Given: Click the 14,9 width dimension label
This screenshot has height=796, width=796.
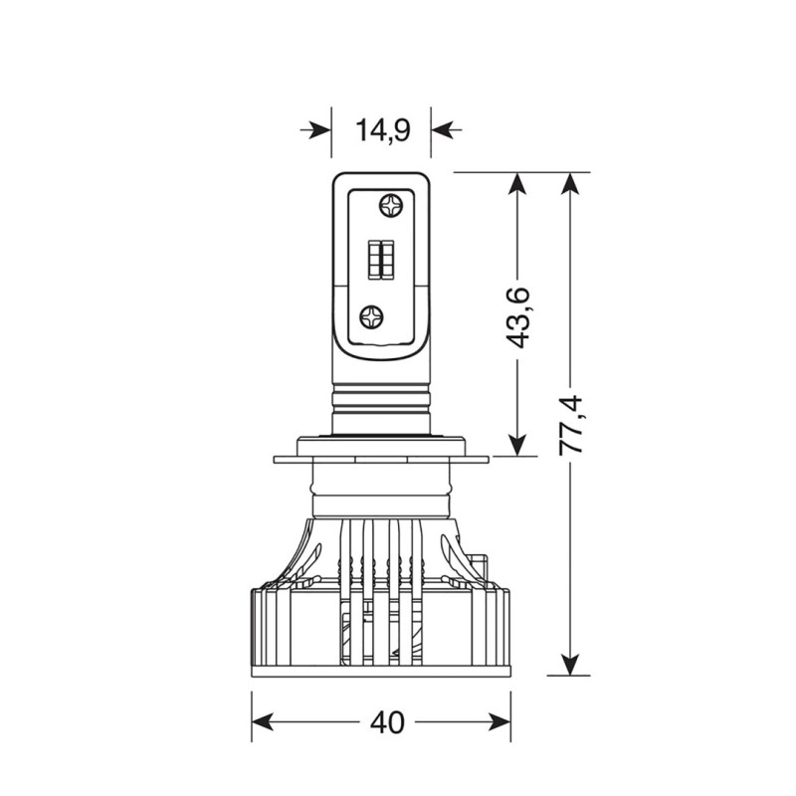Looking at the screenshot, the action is point(382,130).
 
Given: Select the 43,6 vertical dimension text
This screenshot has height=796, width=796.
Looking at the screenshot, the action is point(517,317).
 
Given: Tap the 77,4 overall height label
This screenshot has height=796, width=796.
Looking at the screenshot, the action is point(570,425).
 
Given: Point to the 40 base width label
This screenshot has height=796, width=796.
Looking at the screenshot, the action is point(387,722).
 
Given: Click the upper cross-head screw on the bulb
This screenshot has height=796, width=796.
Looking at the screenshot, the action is point(391,205).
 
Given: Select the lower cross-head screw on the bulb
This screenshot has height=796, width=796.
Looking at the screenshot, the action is point(371,317).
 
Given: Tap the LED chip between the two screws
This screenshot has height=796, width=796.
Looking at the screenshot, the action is point(381,259).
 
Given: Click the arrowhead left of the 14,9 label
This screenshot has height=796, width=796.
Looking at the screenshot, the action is point(319,130).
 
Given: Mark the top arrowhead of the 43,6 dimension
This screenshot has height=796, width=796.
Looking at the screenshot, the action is point(517,183).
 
